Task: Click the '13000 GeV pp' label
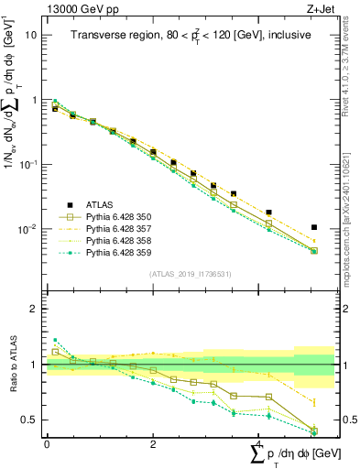click(x=77, y=8)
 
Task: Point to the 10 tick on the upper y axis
click(x=31, y=35)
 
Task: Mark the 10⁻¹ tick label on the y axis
click(x=27, y=164)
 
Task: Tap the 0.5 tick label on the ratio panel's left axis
click(x=28, y=420)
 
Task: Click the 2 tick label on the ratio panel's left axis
click(x=33, y=309)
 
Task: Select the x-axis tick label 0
click(x=47, y=443)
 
